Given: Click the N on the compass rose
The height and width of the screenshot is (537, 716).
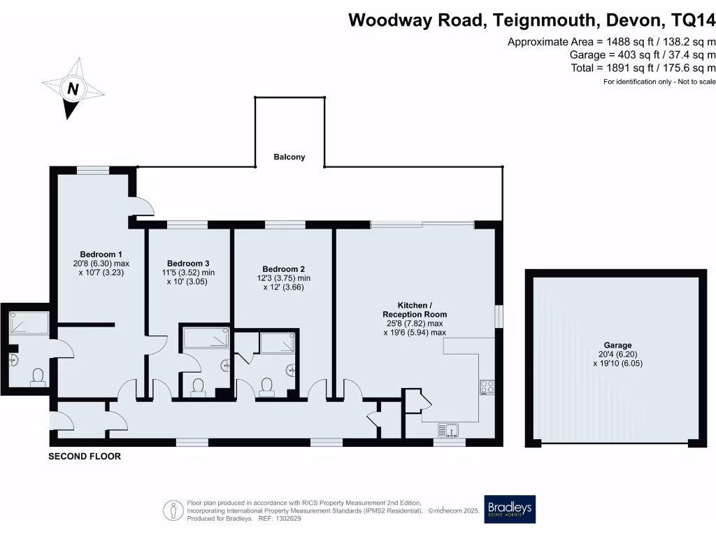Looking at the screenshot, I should (x=72, y=89).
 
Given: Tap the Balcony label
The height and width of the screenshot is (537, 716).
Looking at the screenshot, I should (x=289, y=157).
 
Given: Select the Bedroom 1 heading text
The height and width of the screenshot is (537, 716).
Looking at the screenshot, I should (x=101, y=254).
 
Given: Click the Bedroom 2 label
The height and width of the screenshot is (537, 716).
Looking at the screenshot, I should (x=283, y=268).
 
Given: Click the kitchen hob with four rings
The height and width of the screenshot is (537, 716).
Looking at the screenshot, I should (x=486, y=388).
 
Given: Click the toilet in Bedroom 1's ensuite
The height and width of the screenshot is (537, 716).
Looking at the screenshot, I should (x=38, y=377).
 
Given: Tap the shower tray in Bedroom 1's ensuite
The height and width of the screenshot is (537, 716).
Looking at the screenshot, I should (x=29, y=323).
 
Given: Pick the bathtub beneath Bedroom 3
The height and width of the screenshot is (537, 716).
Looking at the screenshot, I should (x=205, y=339).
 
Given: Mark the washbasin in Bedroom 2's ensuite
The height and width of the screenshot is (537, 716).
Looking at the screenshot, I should (x=292, y=368).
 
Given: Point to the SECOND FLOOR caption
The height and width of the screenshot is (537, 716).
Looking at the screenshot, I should (x=84, y=457).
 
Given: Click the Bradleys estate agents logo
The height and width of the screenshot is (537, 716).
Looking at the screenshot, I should (x=510, y=509).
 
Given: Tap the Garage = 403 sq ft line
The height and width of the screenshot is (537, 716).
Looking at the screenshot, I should (x=643, y=55).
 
